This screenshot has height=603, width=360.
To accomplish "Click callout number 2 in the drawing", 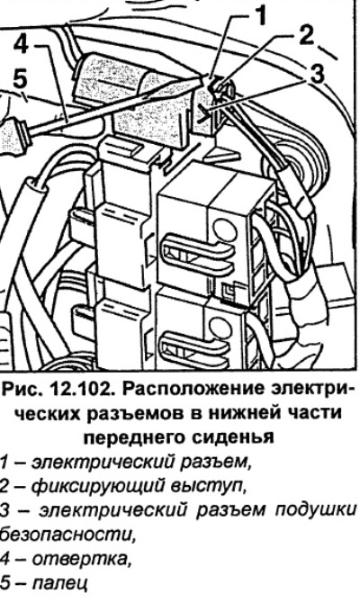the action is (x=306, y=39).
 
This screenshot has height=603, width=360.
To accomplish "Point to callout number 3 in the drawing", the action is (x=316, y=74).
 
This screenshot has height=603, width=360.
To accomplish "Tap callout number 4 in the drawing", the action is (x=22, y=45).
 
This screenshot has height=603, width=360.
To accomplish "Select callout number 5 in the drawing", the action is (x=20, y=80).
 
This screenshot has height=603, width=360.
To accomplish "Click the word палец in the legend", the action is (x=58, y=583).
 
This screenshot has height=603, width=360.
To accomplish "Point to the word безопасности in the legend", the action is (x=67, y=534).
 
